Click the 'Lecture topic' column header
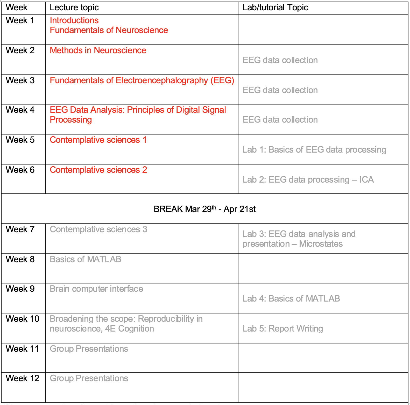(x=74, y=8)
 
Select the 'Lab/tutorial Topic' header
(x=275, y=8)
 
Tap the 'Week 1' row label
(x=20, y=20)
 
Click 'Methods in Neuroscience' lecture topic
(x=98, y=50)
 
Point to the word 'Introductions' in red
(x=74, y=20)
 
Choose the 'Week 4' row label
(x=20, y=110)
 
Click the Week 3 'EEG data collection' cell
(x=280, y=90)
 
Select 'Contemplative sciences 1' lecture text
(x=98, y=140)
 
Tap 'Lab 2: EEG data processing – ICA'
(x=308, y=180)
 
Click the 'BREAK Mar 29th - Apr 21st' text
(x=204, y=209)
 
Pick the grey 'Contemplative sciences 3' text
(x=98, y=229)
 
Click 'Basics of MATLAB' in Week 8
(x=86, y=259)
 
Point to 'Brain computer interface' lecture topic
(x=96, y=289)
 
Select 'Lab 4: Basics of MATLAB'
(x=291, y=299)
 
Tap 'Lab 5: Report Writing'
(x=283, y=329)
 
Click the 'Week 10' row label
(x=22, y=319)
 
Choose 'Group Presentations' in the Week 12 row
(x=89, y=378)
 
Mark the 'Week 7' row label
(x=20, y=229)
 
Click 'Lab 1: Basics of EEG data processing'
(x=314, y=150)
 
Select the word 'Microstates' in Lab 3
(x=321, y=244)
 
